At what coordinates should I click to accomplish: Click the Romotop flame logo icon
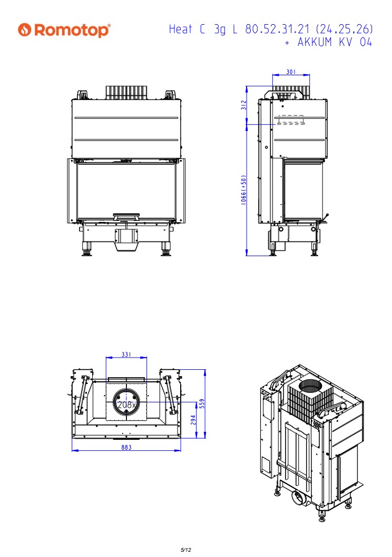25,29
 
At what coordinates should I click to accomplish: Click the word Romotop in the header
72,30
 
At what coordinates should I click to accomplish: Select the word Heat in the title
180,29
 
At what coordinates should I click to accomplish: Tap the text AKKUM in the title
315,42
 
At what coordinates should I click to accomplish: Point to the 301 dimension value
291,72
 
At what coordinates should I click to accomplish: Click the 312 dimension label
243,105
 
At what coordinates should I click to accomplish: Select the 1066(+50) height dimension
243,189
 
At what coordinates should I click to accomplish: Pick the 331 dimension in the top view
126,354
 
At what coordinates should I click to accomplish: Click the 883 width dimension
126,447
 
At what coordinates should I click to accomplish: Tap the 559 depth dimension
202,403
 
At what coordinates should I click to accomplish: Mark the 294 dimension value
193,420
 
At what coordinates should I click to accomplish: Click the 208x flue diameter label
126,404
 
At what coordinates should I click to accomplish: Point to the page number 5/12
185,550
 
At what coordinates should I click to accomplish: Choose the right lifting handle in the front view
170,95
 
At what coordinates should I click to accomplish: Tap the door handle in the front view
126,216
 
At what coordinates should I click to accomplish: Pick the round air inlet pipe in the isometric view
298,498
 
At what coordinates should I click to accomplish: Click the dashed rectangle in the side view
291,120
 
